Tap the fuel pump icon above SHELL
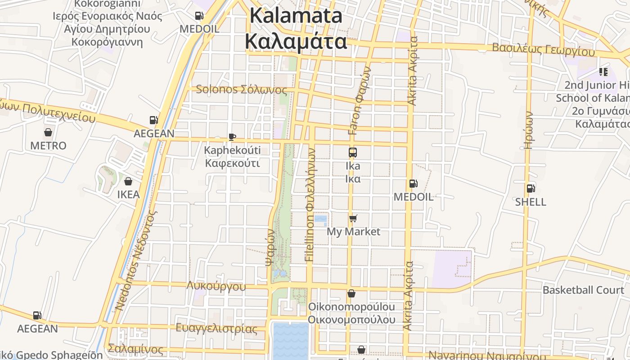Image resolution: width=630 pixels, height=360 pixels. pyautogui.click(x=531, y=189)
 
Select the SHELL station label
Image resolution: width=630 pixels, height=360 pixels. pyautogui.click(x=531, y=202)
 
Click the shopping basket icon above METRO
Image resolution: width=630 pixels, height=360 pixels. pyautogui.click(x=48, y=132)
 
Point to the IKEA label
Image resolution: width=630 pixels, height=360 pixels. pyautogui.click(x=128, y=195)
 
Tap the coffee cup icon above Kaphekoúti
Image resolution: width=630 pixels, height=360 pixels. pyautogui.click(x=232, y=137)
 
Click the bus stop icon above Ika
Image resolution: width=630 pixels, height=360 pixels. pyautogui.click(x=353, y=153)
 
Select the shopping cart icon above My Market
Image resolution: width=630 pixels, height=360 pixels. pyautogui.click(x=353, y=219)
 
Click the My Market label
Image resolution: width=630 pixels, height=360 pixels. pyautogui.click(x=353, y=232)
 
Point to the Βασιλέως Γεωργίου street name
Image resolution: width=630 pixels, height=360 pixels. pyautogui.click(x=543, y=49)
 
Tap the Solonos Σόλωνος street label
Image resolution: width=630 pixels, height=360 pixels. pyautogui.click(x=241, y=90)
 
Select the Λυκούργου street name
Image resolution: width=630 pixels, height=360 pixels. pyautogui.click(x=216, y=286)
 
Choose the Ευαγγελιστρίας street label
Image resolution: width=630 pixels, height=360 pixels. pyautogui.click(x=216, y=328)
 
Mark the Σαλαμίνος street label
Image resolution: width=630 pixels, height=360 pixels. pyautogui.click(x=135, y=349)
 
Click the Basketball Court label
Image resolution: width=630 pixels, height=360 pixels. pyautogui.click(x=583, y=290)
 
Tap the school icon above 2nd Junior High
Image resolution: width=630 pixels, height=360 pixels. pyautogui.click(x=603, y=72)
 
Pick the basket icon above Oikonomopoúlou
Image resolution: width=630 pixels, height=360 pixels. pyautogui.click(x=351, y=293)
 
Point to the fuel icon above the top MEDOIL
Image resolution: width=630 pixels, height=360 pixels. pyautogui.click(x=199, y=16)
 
